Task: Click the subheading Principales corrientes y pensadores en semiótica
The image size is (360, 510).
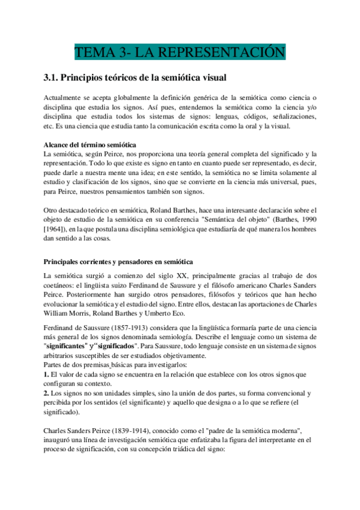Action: (118, 262)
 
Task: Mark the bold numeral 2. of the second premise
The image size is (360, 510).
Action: (48, 393)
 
